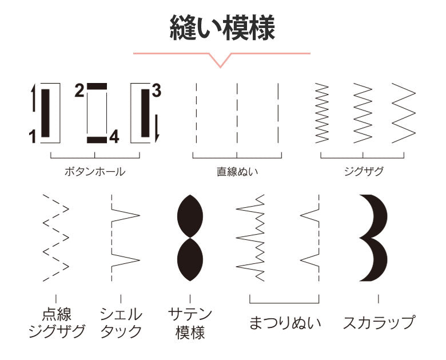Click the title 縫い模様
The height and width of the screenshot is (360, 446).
point(222,28)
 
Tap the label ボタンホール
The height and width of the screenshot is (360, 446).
point(95,172)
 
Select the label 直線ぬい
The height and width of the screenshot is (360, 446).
point(237,172)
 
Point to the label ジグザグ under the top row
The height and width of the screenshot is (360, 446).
point(364,171)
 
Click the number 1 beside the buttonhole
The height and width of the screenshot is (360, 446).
point(33,136)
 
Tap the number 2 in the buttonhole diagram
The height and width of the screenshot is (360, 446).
point(79,90)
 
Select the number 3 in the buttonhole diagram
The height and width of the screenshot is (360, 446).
point(157,90)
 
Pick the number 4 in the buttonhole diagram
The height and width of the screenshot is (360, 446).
point(114,137)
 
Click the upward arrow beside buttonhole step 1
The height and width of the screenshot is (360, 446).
point(33,97)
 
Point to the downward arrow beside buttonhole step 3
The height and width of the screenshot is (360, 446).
point(157,128)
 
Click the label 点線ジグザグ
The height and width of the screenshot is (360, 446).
point(56,323)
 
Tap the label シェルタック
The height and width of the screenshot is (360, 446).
point(121,323)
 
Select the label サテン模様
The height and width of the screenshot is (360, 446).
point(190,323)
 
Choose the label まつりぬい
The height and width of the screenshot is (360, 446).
point(285,323)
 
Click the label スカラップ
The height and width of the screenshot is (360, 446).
point(379,322)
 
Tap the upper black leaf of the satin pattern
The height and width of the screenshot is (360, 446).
point(190,216)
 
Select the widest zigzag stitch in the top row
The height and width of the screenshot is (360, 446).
point(404,113)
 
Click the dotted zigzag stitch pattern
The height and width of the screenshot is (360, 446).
point(56,238)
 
